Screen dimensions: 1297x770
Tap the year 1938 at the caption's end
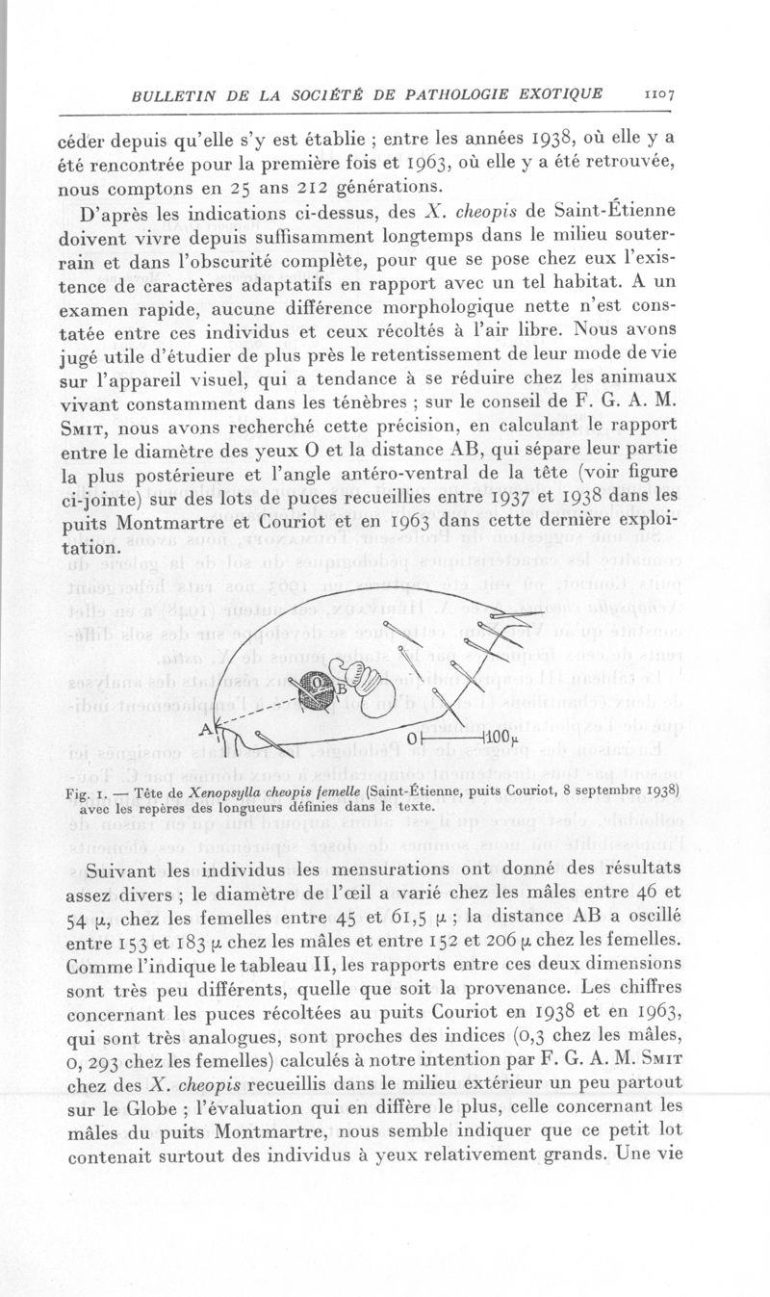click(x=661, y=791)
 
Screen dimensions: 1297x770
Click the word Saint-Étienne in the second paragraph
click(x=594, y=211)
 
